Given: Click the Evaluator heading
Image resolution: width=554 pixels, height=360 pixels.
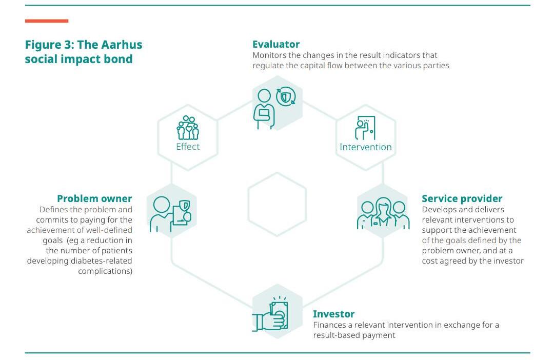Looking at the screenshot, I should [x=275, y=44].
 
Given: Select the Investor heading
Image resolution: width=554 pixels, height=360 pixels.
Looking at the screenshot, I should [x=333, y=314].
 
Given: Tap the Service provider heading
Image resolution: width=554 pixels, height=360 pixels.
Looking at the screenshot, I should [x=462, y=198].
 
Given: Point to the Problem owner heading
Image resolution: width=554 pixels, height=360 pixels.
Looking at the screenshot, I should [x=94, y=198].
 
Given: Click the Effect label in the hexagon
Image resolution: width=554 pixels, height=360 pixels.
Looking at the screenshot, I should [x=188, y=147].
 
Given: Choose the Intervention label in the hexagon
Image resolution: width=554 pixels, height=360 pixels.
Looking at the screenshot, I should [x=365, y=147].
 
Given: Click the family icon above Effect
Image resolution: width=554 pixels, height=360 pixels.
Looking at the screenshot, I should [x=188, y=128].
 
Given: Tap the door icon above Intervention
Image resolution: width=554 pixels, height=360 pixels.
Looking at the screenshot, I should [x=365, y=128].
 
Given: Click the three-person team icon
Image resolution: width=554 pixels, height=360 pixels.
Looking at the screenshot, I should [x=383, y=214].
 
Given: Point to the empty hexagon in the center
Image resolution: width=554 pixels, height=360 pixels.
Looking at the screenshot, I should [x=277, y=204].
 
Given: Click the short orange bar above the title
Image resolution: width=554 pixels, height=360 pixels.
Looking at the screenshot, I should [x=47, y=21].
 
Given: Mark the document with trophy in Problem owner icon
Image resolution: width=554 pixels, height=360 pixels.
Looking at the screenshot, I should [x=182, y=213].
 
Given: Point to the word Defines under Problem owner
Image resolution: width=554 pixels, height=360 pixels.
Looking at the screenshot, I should [x=54, y=209].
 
